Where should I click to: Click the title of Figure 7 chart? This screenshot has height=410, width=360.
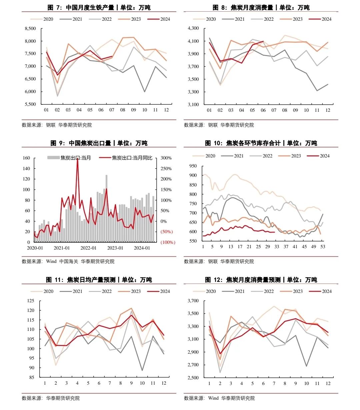pos(99,7)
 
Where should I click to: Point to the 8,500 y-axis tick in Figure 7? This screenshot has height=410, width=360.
pos(30,29)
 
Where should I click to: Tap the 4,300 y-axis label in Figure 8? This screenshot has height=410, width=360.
pos(193,29)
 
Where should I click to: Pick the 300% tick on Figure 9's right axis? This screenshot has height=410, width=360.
pos(166,158)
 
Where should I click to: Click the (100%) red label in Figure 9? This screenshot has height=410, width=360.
pos(168,242)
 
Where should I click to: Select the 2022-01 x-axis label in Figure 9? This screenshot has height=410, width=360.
pos(88,248)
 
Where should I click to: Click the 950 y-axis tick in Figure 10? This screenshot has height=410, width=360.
pos(193,166)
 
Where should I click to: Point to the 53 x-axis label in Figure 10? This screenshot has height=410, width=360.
pos(323,247)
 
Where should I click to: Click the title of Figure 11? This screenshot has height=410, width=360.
pos(99,280)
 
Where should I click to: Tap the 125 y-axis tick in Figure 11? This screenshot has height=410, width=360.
pos(31,301)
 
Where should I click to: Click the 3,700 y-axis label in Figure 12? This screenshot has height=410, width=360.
pos(193,301)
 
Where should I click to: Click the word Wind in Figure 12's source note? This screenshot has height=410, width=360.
pos(213,398)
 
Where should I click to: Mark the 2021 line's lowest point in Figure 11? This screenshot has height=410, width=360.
pos(142,371)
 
